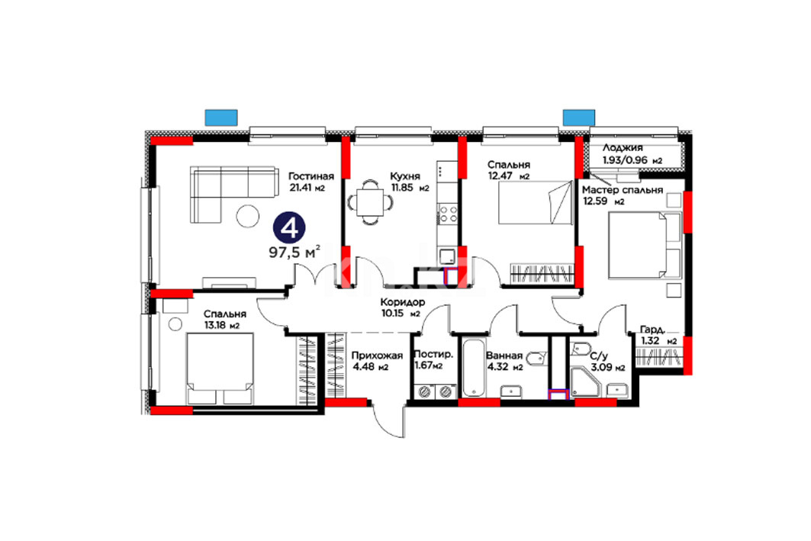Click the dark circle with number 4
(289, 227)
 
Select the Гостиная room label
(311, 176)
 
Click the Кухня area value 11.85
(402, 188)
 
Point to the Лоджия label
(623, 148)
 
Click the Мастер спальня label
(623, 190)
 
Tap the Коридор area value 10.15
(393, 313)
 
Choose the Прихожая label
(377, 356)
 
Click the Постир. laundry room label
(433, 355)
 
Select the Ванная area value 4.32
(497, 367)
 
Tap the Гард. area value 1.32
(650, 341)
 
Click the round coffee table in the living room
(248, 216)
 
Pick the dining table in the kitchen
(370, 202)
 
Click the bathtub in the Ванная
(475, 368)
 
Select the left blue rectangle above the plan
(221, 118)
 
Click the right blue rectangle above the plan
(579, 118)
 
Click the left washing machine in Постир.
(425, 392)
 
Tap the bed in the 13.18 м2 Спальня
(220, 369)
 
